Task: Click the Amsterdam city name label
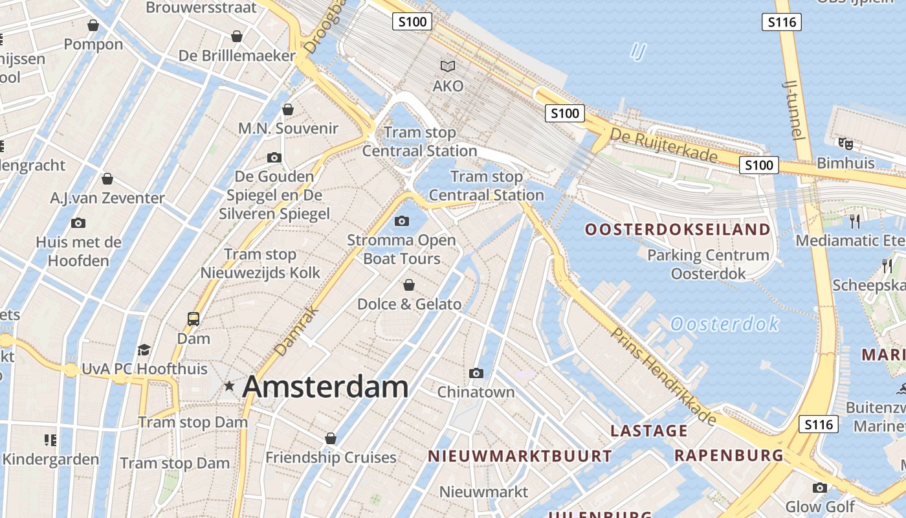pyautogui.click(x=325, y=387)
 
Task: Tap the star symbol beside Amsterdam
pyautogui.click(x=229, y=387)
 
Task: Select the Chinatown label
pyautogui.click(x=476, y=392)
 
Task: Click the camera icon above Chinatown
pyautogui.click(x=476, y=373)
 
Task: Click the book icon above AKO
pyautogui.click(x=448, y=66)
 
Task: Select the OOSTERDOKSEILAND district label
pyautogui.click(x=678, y=229)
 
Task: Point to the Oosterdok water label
pyautogui.click(x=724, y=324)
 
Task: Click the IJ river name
pyautogui.click(x=638, y=51)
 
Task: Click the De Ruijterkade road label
pyautogui.click(x=664, y=145)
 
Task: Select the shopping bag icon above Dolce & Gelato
pyautogui.click(x=409, y=285)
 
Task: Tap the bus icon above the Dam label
pyautogui.click(x=193, y=319)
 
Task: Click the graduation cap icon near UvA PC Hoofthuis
pyautogui.click(x=144, y=350)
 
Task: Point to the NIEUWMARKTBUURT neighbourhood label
pyautogui.click(x=520, y=456)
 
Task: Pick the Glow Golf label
pyautogui.click(x=820, y=506)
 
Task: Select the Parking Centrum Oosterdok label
pyautogui.click(x=708, y=264)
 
